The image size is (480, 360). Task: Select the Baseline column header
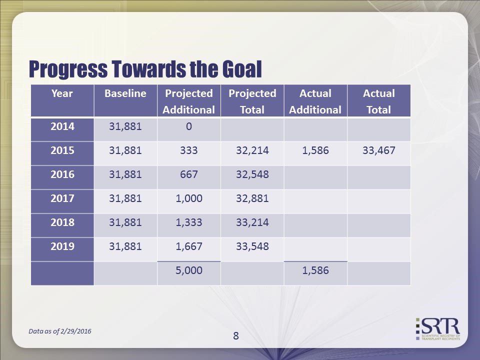(125, 93)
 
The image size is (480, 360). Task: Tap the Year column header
(62, 93)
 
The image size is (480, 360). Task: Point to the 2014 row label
(62, 126)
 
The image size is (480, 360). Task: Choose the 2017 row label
(62, 198)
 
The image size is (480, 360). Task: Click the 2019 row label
(62, 246)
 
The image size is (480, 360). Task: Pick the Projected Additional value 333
(188, 150)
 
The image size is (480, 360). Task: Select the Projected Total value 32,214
(252, 150)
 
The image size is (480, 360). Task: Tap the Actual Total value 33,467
(379, 150)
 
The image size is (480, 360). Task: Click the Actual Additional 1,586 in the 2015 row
(315, 150)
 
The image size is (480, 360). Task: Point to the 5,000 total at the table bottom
(188, 270)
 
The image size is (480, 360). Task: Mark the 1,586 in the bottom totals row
(315, 270)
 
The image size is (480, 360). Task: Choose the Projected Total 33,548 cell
(252, 246)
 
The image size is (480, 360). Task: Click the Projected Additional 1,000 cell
(188, 198)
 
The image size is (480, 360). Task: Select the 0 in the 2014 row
(188, 126)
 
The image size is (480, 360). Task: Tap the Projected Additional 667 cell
(188, 174)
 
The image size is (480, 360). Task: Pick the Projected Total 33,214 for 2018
(252, 222)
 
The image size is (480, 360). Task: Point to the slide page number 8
(236, 336)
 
